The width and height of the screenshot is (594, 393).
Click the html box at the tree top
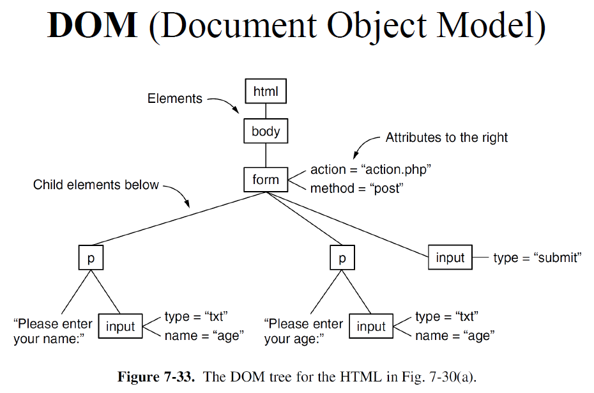266,91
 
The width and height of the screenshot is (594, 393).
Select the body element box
266,132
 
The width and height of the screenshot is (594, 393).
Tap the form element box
266,180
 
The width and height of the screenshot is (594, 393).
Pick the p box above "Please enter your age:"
342,258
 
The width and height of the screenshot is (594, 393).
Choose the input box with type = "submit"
450,258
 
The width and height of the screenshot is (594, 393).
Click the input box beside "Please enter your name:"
121,327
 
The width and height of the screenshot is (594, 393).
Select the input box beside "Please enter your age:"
371,327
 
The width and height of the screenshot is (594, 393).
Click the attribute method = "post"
357,189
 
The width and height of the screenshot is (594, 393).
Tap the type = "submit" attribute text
537,258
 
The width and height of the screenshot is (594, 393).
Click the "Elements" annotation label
174,98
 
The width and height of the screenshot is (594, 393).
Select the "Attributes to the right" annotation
446,137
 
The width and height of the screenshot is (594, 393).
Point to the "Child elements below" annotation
96,185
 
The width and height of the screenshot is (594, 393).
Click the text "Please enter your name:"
53,331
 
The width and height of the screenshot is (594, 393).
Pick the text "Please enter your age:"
303,331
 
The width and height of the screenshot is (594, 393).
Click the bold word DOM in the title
93,26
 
